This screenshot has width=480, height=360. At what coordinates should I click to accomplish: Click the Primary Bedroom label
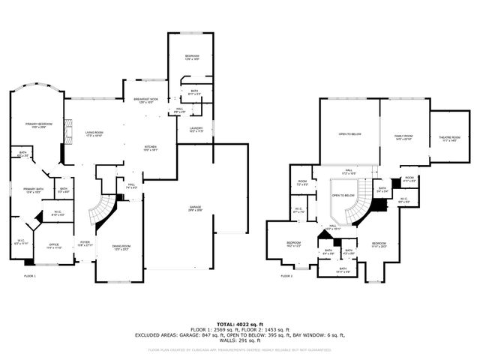(35, 124)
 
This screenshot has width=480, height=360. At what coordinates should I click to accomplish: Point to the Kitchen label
(150, 147)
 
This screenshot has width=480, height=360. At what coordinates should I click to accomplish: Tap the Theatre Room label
(449, 139)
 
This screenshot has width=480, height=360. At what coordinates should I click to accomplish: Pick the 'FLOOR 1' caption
(29, 276)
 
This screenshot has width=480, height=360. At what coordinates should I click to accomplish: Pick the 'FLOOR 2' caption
(286, 276)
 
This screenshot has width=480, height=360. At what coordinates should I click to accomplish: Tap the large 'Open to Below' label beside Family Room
(349, 134)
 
